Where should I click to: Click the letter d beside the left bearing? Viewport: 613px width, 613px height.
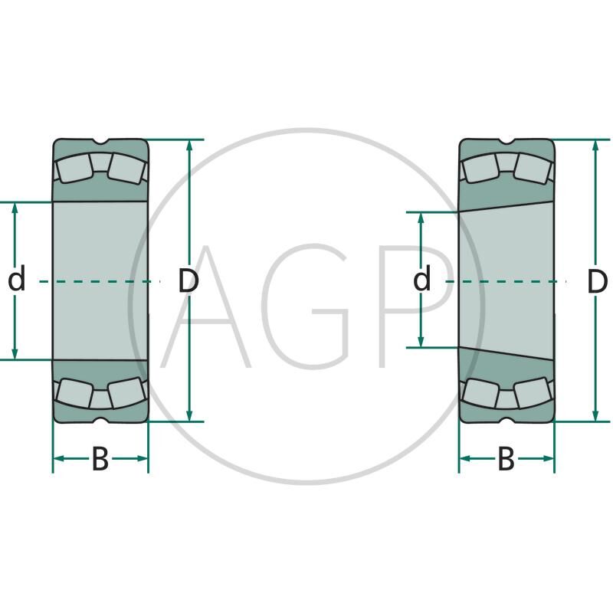[16, 278]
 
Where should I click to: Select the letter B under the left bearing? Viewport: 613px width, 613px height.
[100, 459]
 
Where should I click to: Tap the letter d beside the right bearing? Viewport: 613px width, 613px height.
[422, 278]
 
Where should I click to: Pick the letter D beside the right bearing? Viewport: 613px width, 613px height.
[598, 281]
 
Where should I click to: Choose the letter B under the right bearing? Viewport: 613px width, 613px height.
[506, 459]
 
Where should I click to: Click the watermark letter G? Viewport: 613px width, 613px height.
[311, 306]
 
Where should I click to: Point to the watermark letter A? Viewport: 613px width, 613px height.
[205, 306]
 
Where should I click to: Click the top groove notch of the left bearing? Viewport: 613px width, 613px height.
[100, 141]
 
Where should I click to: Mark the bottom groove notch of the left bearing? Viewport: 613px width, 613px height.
[100, 420]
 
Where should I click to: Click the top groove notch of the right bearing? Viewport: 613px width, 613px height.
[506, 141]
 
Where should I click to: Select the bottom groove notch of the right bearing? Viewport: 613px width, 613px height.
[506, 420]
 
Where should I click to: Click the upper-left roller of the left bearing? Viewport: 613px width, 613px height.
[74, 168]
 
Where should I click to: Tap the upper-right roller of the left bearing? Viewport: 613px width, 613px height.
[126, 168]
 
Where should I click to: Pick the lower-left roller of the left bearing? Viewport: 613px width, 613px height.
[74, 393]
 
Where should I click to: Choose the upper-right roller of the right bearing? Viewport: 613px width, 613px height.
[533, 168]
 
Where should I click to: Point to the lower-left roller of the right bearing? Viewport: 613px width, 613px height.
[480, 393]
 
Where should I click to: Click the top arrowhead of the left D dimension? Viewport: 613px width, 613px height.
[189, 145]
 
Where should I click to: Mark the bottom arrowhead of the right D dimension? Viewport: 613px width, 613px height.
[595, 416]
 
